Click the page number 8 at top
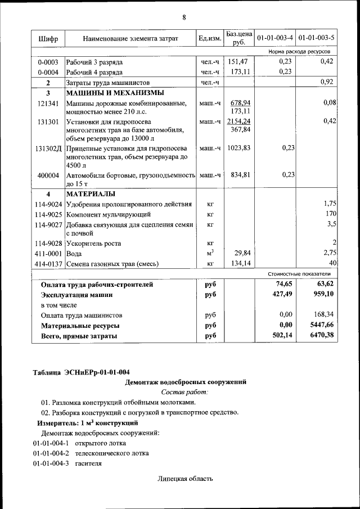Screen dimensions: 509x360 [183, 17]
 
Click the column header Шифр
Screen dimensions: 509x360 [48, 38]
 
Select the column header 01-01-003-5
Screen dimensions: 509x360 [316, 38]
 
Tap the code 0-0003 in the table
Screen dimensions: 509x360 [48, 62]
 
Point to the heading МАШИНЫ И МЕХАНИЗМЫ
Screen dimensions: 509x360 [115, 93]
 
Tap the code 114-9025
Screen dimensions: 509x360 [48, 214]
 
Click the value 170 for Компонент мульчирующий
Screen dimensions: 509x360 [330, 214]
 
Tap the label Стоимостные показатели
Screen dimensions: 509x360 [299, 273]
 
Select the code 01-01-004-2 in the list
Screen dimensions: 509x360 [51, 453]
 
